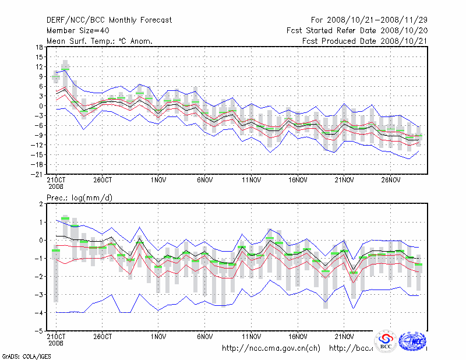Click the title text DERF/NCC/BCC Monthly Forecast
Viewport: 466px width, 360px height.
109,20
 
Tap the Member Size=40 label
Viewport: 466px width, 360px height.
76,31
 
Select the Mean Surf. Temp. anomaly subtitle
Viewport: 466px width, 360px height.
100,41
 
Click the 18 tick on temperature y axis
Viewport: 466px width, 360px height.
39,48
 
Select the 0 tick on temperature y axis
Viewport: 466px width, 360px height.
41,106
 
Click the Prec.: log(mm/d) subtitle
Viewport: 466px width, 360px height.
79,198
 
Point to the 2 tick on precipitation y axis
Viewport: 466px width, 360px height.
41,204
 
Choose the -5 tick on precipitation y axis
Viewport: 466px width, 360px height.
39,330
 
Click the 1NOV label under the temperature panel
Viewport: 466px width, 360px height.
158,180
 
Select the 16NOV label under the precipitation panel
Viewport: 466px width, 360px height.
298,337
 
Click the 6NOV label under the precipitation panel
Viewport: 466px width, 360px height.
204,337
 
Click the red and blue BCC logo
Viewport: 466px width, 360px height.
386,341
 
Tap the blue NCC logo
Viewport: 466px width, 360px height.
413,341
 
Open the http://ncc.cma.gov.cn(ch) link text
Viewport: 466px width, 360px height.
271,348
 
